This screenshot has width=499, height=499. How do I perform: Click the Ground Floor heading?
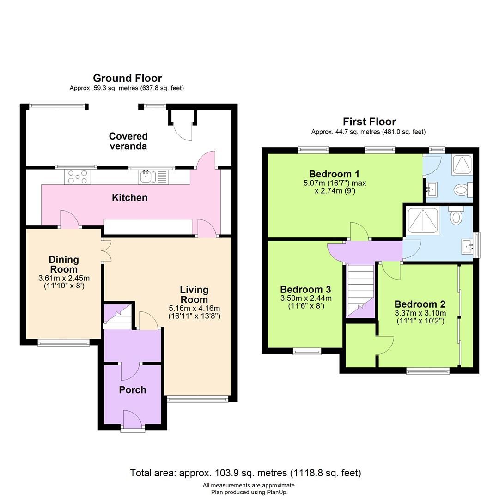coord(127,78)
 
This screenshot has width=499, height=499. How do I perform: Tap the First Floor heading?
coord(369,122)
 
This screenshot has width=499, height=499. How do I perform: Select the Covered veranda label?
coord(128,141)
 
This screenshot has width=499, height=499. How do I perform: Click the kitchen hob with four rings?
coord(78,176)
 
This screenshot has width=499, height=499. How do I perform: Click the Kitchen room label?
coord(130,198)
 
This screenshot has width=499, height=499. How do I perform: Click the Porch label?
coord(133,390)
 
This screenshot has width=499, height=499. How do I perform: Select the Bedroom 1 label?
coord(334,174)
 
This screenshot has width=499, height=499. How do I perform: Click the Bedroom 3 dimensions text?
coord(305,302)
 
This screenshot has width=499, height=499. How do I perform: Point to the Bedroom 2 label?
coord(420,304)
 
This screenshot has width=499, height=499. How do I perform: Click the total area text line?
coord(245,473)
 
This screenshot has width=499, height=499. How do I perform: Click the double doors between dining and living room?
coord(106,250)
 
